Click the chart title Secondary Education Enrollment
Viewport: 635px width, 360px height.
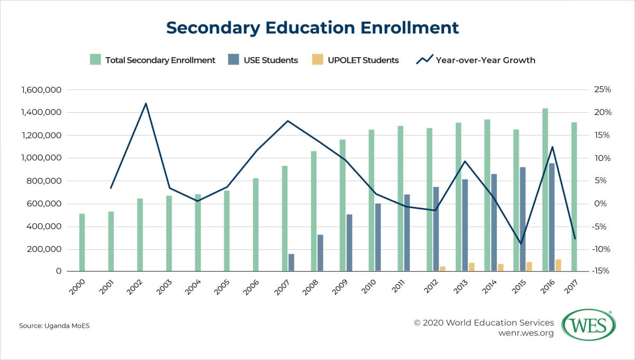pyautogui.click(x=312, y=28)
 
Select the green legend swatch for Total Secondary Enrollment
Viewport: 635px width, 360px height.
pyautogui.click(x=95, y=60)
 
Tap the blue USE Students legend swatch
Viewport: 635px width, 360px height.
pyautogui.click(x=233, y=60)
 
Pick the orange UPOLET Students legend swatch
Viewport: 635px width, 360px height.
pyautogui.click(x=317, y=60)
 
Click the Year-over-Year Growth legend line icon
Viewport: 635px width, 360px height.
pyautogui.click(x=424, y=59)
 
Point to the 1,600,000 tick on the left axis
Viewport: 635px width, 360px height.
pyautogui.click(x=41, y=90)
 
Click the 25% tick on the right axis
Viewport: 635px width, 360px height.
pyautogui.click(x=602, y=89)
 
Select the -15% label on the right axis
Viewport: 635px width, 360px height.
pyautogui.click(x=601, y=271)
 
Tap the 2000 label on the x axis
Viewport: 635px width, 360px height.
pyautogui.click(x=77, y=287)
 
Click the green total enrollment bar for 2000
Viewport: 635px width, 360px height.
pyautogui.click(x=82, y=242)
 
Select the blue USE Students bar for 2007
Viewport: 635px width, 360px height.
pyautogui.click(x=291, y=263)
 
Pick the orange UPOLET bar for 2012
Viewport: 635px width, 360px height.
pyautogui.click(x=442, y=268)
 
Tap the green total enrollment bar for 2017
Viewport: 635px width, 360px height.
pyautogui.click(x=574, y=196)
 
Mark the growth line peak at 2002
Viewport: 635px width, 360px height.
pyautogui.click(x=146, y=103)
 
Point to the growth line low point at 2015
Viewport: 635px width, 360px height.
pyautogui.click(x=521, y=244)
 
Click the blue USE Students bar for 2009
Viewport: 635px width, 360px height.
pyautogui.click(x=349, y=242)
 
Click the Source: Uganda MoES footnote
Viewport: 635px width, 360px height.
pyautogui.click(x=54, y=326)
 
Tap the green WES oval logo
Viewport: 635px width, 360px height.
pyautogui.click(x=589, y=325)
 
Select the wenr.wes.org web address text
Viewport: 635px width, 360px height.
pyautogui.click(x=526, y=333)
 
